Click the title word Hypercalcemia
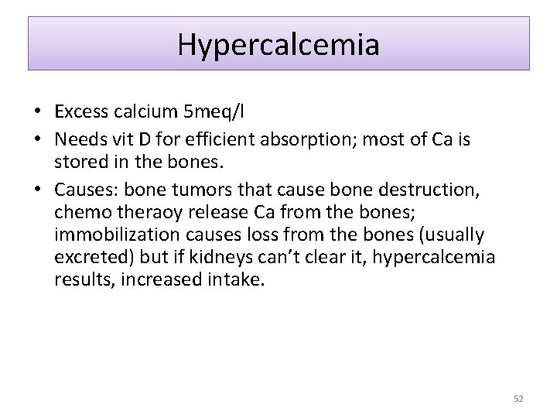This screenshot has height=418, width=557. point(278,44)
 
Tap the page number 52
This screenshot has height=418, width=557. point(518,398)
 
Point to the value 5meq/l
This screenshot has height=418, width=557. point(212,113)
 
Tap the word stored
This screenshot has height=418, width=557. point(79,160)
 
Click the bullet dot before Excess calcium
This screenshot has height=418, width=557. point(37,113)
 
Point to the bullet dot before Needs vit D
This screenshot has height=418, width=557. point(37,140)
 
